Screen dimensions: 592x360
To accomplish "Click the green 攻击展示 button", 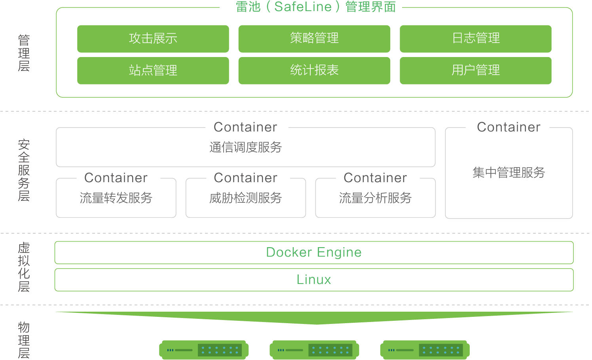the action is (153, 39).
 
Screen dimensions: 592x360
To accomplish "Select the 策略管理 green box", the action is (314, 39).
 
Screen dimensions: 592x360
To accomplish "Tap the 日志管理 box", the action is (476, 39).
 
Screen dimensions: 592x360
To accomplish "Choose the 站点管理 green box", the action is (153, 70).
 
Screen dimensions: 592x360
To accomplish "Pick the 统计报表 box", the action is (314, 70).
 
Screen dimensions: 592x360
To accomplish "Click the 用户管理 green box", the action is (476, 70).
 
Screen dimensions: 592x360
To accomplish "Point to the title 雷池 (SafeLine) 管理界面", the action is (316, 7).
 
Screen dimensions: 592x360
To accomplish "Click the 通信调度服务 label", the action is (245, 147).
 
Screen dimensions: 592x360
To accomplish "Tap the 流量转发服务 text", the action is (116, 198).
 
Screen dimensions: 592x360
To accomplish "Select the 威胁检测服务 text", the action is (245, 198).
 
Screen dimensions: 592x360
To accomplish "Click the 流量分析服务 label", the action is (375, 198).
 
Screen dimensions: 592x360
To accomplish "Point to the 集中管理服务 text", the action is (509, 172).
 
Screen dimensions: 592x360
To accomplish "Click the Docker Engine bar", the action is (314, 253).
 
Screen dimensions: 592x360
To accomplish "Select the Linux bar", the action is (314, 280).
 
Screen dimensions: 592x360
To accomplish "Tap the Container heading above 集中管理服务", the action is (509, 127).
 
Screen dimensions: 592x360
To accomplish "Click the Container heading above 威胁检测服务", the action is (245, 177).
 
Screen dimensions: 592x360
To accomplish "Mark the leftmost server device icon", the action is (204, 350).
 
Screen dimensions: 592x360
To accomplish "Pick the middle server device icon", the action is (314, 350).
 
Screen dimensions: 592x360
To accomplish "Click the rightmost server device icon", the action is (425, 350).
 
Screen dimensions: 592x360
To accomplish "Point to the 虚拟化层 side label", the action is (24, 267).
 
